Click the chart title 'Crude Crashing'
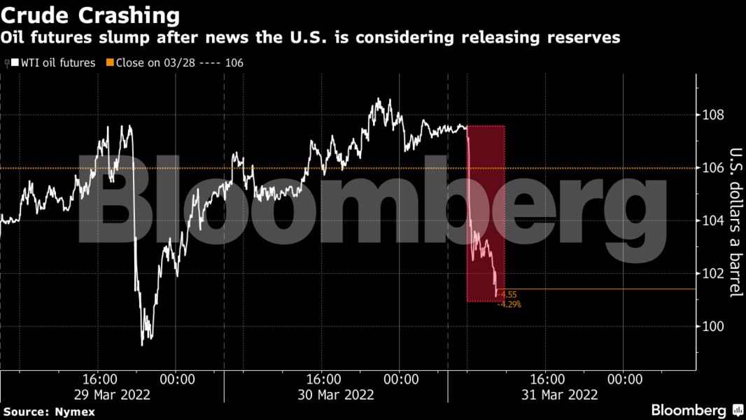[90, 15]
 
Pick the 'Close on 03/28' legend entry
[175, 62]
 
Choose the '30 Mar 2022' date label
[336, 395]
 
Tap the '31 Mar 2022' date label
[560, 395]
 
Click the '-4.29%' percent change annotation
[509, 304]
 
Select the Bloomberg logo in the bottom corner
[697, 409]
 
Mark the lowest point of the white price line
[142, 344]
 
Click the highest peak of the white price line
[379, 99]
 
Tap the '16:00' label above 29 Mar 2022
[103, 379]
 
